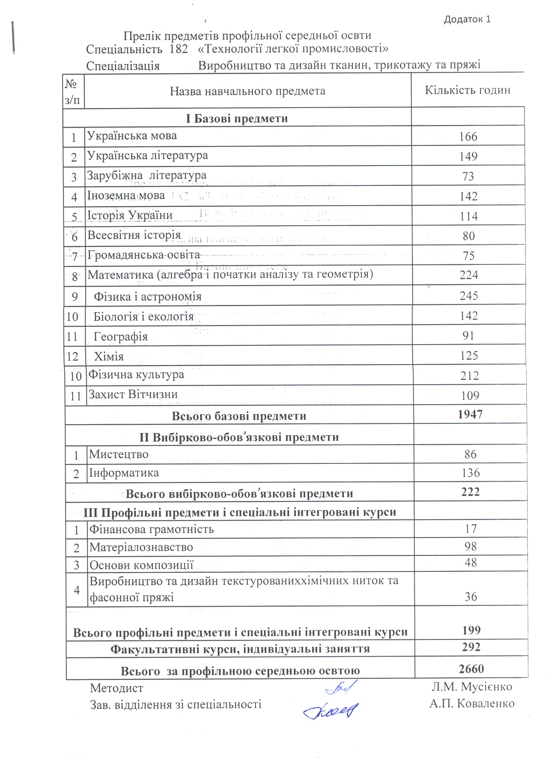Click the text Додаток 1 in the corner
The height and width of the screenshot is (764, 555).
467,19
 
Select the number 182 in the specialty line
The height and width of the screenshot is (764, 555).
178,49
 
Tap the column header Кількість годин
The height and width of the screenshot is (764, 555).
468,90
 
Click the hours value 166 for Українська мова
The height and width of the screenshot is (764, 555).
468,137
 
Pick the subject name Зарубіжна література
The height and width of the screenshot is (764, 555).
147,176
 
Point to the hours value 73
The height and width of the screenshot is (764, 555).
468,176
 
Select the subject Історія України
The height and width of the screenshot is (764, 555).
130,215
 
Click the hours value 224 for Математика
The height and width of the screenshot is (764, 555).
469,275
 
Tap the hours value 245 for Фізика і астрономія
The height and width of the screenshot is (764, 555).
469,296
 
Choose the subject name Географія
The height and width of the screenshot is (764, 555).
121,337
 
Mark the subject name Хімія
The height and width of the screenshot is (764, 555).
109,357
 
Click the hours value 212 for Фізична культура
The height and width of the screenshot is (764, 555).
470,376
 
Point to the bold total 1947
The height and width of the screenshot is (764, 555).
470,414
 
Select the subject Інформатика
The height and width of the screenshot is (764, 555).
124,473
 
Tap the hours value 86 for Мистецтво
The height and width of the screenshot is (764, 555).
471,454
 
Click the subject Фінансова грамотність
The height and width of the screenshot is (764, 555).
151,529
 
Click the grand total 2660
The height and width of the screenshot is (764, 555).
471,669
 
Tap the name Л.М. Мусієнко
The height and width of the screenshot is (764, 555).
472,687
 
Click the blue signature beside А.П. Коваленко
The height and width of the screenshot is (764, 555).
331,710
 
